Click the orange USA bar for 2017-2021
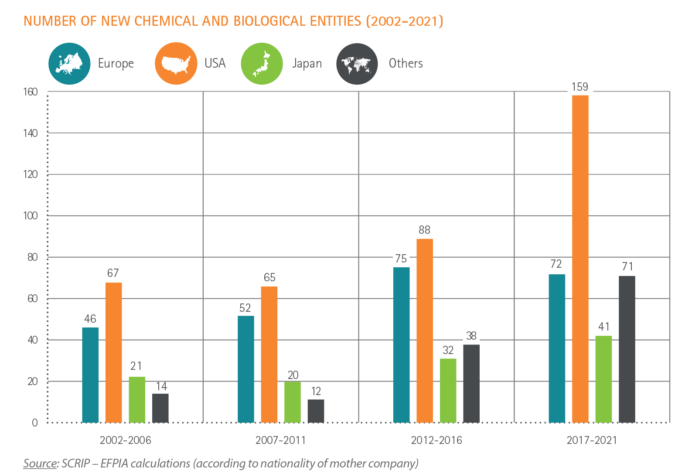(580, 257)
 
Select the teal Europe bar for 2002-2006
(90, 375)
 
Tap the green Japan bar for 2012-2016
(448, 390)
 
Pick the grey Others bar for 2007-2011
(316, 411)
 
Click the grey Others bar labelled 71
(627, 349)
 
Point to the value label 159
(580, 88)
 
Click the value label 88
(424, 230)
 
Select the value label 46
(90, 319)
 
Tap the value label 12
(316, 391)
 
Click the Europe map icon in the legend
(69, 64)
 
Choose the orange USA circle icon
(176, 64)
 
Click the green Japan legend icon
(262, 64)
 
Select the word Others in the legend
(406, 64)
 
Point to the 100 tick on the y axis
(31, 216)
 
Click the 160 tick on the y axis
(31, 92)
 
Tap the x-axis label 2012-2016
(436, 440)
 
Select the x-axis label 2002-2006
(125, 440)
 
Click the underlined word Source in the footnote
(40, 463)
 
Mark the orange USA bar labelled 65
(269, 354)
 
